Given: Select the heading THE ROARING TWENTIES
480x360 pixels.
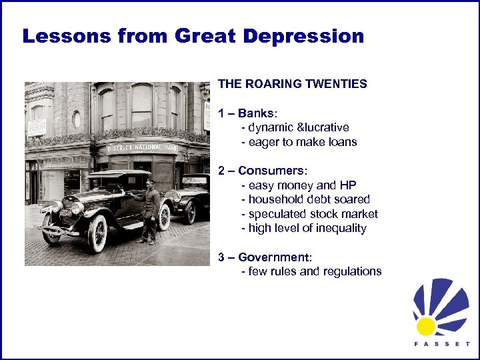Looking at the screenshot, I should tap(292, 84).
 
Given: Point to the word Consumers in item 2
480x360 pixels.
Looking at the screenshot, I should tap(275, 171).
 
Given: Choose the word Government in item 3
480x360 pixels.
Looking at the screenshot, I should tap(275, 257).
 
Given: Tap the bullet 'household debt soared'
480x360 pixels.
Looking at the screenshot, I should tap(309, 199).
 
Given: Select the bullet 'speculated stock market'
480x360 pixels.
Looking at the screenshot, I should tap(313, 214).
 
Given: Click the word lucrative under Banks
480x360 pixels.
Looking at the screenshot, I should tap(326, 127).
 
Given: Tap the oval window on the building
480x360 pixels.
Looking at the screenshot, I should tap(76, 119).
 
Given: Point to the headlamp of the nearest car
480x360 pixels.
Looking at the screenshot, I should tap(76, 208).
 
